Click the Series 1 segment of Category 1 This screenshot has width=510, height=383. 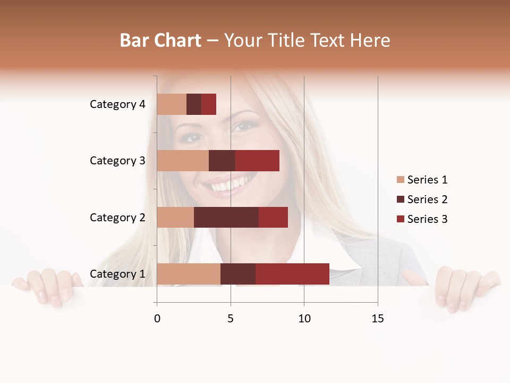pos(189,274)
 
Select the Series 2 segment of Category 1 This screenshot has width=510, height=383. pos(238,274)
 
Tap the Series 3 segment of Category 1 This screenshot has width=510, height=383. pos(292,274)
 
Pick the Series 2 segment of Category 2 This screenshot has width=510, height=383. pos(226,217)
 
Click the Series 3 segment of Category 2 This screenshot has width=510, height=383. pos(273,217)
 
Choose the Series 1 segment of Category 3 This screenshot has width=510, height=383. pos(183,161)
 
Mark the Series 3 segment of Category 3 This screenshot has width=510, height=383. pos(257,161)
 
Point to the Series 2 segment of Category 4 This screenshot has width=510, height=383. pos(194,104)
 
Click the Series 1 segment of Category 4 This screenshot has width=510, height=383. pos(172,104)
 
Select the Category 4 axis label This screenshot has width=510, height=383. pos(117,104)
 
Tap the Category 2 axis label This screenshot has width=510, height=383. pos(117,217)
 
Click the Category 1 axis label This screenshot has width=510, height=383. pos(117,274)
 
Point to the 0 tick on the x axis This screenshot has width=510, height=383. pos(157,319)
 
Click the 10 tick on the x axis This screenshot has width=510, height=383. pos(304,319)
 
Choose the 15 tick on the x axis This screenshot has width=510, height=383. pos(378,319)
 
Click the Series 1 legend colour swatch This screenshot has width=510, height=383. pos(400,180)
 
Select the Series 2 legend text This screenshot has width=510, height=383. pos(427,199)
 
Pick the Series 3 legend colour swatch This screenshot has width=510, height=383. pos(400,219)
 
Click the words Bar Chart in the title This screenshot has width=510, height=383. pos(160,40)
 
